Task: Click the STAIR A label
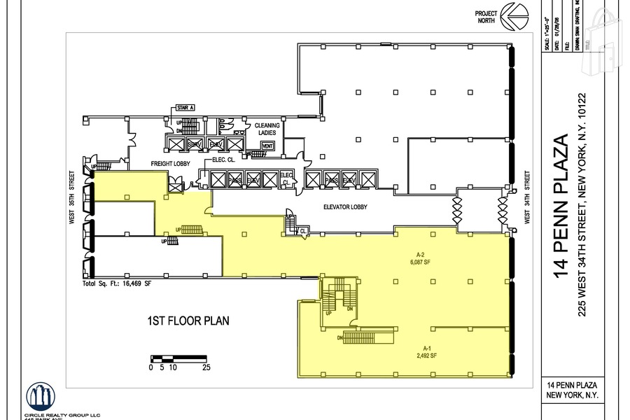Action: [x=184, y=107]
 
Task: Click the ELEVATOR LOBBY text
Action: [x=346, y=207]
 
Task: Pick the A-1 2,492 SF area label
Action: [x=430, y=351]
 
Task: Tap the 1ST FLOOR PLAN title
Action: [x=188, y=321]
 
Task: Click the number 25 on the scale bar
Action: [x=206, y=366]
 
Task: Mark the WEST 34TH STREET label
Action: [x=526, y=199]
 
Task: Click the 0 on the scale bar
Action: [x=151, y=366]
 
